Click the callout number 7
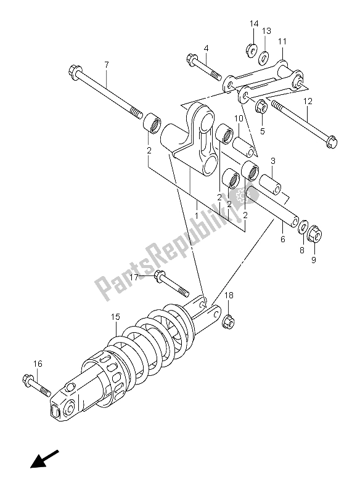coord(107,65)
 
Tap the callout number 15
coord(115,317)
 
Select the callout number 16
coord(38,364)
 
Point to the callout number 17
coord(134,278)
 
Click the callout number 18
coord(229,295)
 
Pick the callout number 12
coord(308,102)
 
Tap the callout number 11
coord(282,41)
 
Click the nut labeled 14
coord(251,51)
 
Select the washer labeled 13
coord(263,58)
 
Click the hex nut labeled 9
coord(315,234)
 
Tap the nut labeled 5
coord(261,107)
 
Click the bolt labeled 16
coord(36,385)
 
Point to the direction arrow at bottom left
coord(44,460)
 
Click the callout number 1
coord(196,216)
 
